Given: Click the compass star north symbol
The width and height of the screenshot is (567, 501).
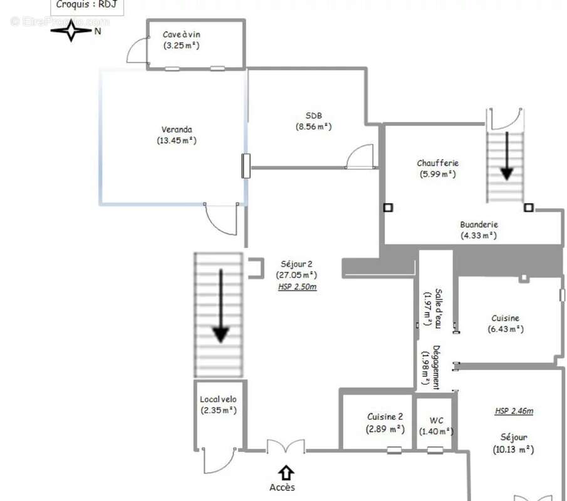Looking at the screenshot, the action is (x=71, y=31).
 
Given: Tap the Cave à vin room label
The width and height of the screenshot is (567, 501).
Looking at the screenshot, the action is (x=181, y=34).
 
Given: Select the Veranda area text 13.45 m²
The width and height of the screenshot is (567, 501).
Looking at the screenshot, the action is (x=177, y=141).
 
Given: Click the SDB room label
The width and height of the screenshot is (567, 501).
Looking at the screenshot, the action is (x=313, y=116).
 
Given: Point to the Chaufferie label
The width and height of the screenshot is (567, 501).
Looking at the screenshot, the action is (x=437, y=163).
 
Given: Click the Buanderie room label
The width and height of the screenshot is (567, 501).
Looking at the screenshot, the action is (x=479, y=224).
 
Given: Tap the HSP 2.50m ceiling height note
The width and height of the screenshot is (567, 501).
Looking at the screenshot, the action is (x=297, y=287).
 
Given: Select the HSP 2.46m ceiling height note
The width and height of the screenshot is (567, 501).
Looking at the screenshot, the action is (x=514, y=411).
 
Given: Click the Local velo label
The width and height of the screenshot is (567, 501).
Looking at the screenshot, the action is (x=218, y=400).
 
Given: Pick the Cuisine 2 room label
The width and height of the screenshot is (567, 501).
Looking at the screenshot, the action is (x=385, y=417).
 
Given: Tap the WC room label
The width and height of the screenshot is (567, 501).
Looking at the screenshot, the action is (x=436, y=421).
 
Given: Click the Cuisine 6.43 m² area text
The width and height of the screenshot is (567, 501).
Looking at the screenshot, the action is (x=506, y=329).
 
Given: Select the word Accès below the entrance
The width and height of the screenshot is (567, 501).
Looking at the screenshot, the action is (x=282, y=487).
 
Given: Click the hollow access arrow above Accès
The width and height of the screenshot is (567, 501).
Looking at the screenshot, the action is (x=286, y=473).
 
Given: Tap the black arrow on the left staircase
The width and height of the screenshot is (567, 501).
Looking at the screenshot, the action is (x=221, y=306).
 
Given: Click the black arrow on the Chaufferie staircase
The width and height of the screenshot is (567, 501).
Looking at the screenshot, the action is (x=507, y=156).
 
